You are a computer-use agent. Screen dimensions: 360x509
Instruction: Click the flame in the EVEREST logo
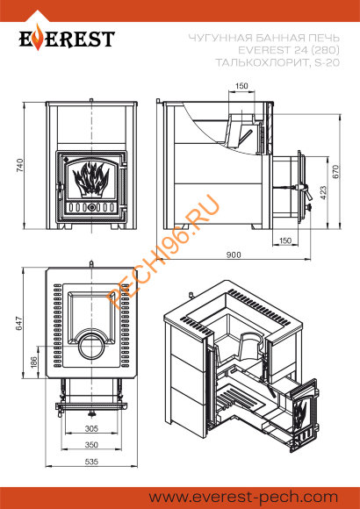(39, 38)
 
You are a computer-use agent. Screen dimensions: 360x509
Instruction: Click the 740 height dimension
(20, 165)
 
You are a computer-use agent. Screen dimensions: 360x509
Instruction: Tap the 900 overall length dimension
(234, 254)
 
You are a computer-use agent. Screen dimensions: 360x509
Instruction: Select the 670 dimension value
(335, 171)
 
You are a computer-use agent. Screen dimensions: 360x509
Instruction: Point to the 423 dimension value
(323, 192)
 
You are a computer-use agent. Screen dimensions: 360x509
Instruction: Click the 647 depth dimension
(20, 323)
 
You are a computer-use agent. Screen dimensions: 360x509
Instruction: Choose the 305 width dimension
(91, 429)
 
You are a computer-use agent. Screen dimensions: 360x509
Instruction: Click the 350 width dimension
(91, 445)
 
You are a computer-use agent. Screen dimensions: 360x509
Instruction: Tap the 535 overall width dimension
(91, 462)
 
